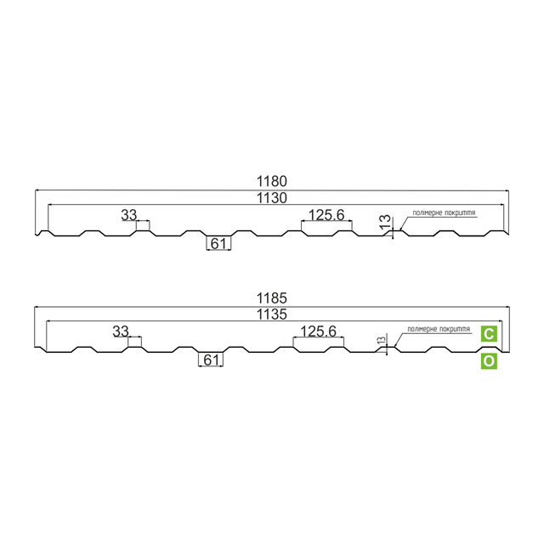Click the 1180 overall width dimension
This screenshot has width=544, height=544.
(x=272, y=181)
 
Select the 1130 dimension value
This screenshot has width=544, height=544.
(x=272, y=197)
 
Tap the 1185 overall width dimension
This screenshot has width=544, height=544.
(x=272, y=298)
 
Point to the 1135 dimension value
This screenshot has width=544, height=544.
(x=272, y=314)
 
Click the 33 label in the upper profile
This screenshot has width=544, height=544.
(x=128, y=215)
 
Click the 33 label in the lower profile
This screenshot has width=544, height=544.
(x=121, y=331)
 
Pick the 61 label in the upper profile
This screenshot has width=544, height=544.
(x=218, y=244)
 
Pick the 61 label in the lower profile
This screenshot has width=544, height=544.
(x=212, y=360)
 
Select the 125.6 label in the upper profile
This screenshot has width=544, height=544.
(x=326, y=215)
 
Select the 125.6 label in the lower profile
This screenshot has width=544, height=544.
(x=320, y=331)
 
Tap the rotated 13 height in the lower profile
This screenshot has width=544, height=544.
(x=381, y=339)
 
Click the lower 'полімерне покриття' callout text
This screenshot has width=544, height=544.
(x=439, y=328)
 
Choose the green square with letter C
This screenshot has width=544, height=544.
(x=489, y=334)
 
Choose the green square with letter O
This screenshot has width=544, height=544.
(x=489, y=361)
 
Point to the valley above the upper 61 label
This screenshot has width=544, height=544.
(x=218, y=235)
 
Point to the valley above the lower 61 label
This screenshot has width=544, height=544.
(x=212, y=351)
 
